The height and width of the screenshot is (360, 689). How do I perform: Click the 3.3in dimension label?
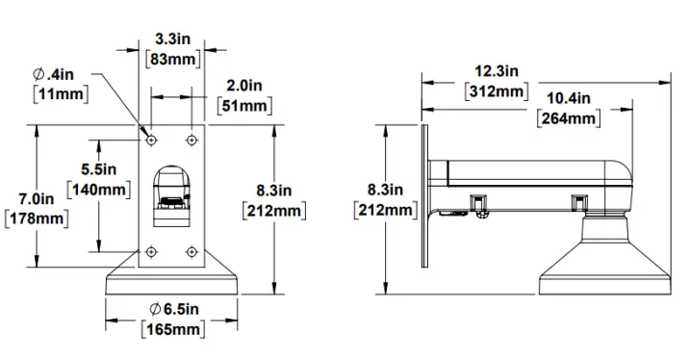point(172,39)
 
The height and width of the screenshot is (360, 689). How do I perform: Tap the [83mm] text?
point(172,59)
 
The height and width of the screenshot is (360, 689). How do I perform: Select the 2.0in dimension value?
point(244,86)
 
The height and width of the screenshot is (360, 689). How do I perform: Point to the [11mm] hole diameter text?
point(61,94)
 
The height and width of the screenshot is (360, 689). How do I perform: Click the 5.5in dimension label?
point(99,168)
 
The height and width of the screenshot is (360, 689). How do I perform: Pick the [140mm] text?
point(99,190)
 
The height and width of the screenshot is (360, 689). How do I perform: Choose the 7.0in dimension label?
point(37,198)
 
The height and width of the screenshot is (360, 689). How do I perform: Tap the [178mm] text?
point(37,219)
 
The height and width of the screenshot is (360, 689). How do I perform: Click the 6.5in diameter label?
point(174,309)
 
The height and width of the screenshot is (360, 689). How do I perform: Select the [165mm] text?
point(173,329)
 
